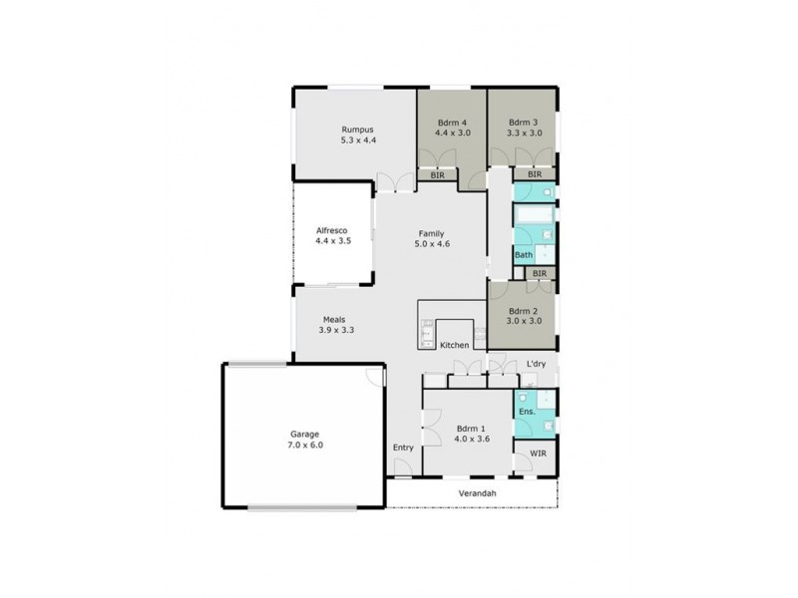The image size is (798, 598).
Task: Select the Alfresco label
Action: pyautogui.click(x=331, y=228)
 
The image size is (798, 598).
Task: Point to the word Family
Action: pyautogui.click(x=431, y=233)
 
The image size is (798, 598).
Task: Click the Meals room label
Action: pyautogui.click(x=333, y=319)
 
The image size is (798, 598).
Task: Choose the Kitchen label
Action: pyautogui.click(x=455, y=345)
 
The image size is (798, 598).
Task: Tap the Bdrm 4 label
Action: pyautogui.click(x=452, y=121)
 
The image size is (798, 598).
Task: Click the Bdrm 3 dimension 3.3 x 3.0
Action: pyautogui.click(x=524, y=132)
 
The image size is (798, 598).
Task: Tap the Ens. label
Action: pyautogui.click(x=527, y=411)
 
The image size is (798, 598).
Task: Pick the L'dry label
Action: pyautogui.click(x=537, y=365)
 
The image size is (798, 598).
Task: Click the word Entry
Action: pyautogui.click(x=402, y=447)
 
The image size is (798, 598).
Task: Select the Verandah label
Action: pyautogui.click(x=478, y=493)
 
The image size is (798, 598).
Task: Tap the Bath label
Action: pyautogui.click(x=524, y=255)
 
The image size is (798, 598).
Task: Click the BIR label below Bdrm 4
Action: pyautogui.click(x=437, y=175)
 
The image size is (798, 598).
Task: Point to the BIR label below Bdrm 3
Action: pyautogui.click(x=534, y=174)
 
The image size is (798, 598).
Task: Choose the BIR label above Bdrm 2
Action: pyautogui.click(x=539, y=273)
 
